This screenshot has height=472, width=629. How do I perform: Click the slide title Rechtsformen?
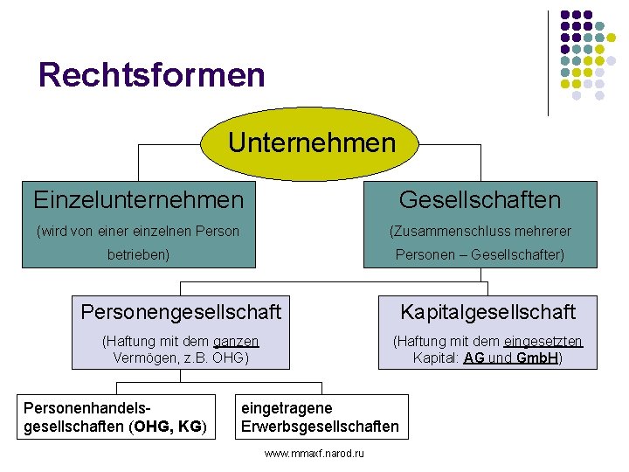(x=151, y=74)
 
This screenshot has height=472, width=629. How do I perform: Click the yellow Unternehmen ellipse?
(x=311, y=142)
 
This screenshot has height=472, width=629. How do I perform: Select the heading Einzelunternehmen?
(x=139, y=200)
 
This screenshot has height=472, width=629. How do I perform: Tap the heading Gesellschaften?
(x=480, y=200)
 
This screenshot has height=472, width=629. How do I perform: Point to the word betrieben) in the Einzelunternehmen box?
(x=138, y=254)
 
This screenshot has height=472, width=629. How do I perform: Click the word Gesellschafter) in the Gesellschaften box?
(x=517, y=254)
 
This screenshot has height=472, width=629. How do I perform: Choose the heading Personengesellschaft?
(x=181, y=311)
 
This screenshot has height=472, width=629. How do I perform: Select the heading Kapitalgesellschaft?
(x=487, y=311)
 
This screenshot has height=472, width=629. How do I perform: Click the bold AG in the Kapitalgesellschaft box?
(x=474, y=358)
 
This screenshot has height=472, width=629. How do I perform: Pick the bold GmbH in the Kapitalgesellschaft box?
(x=536, y=358)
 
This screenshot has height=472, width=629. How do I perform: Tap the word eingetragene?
(x=287, y=408)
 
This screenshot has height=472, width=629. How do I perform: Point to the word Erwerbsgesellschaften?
(x=320, y=427)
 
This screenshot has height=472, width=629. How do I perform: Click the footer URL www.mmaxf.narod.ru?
(x=314, y=454)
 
